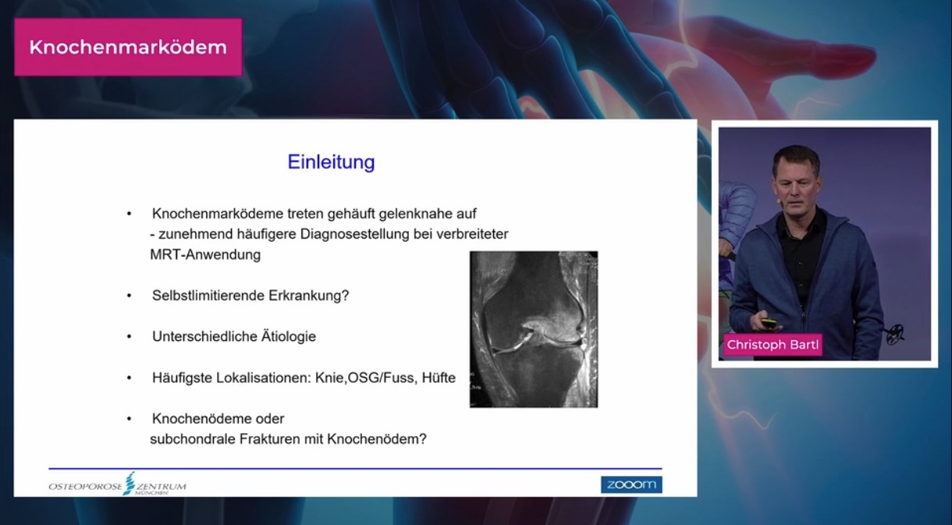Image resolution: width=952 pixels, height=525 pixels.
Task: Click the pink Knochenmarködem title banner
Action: pos(128,47)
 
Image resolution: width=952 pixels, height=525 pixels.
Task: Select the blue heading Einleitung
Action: pos(331,161)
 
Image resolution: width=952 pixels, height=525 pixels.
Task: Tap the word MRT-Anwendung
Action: pos(205,254)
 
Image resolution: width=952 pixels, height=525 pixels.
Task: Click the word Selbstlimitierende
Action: pos(207,295)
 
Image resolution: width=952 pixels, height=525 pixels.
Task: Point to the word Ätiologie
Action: pos(288,336)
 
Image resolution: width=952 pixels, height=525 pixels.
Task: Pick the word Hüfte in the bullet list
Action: pos(439,378)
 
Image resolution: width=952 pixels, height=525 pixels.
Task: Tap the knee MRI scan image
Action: pos(534,329)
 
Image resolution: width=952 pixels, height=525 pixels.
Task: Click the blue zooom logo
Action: pos(631,484)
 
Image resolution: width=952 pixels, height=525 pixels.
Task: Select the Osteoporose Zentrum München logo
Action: pos(117,484)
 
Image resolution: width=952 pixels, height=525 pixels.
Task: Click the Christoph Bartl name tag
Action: pos(773,345)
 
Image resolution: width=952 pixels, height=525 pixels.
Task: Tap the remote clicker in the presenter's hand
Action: pos(768,322)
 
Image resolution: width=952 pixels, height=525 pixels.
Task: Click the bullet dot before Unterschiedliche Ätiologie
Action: pos(130,337)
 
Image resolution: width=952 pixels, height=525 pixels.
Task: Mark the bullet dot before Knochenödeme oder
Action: pos(130,419)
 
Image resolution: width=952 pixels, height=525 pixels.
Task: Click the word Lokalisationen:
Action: pos(264,378)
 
